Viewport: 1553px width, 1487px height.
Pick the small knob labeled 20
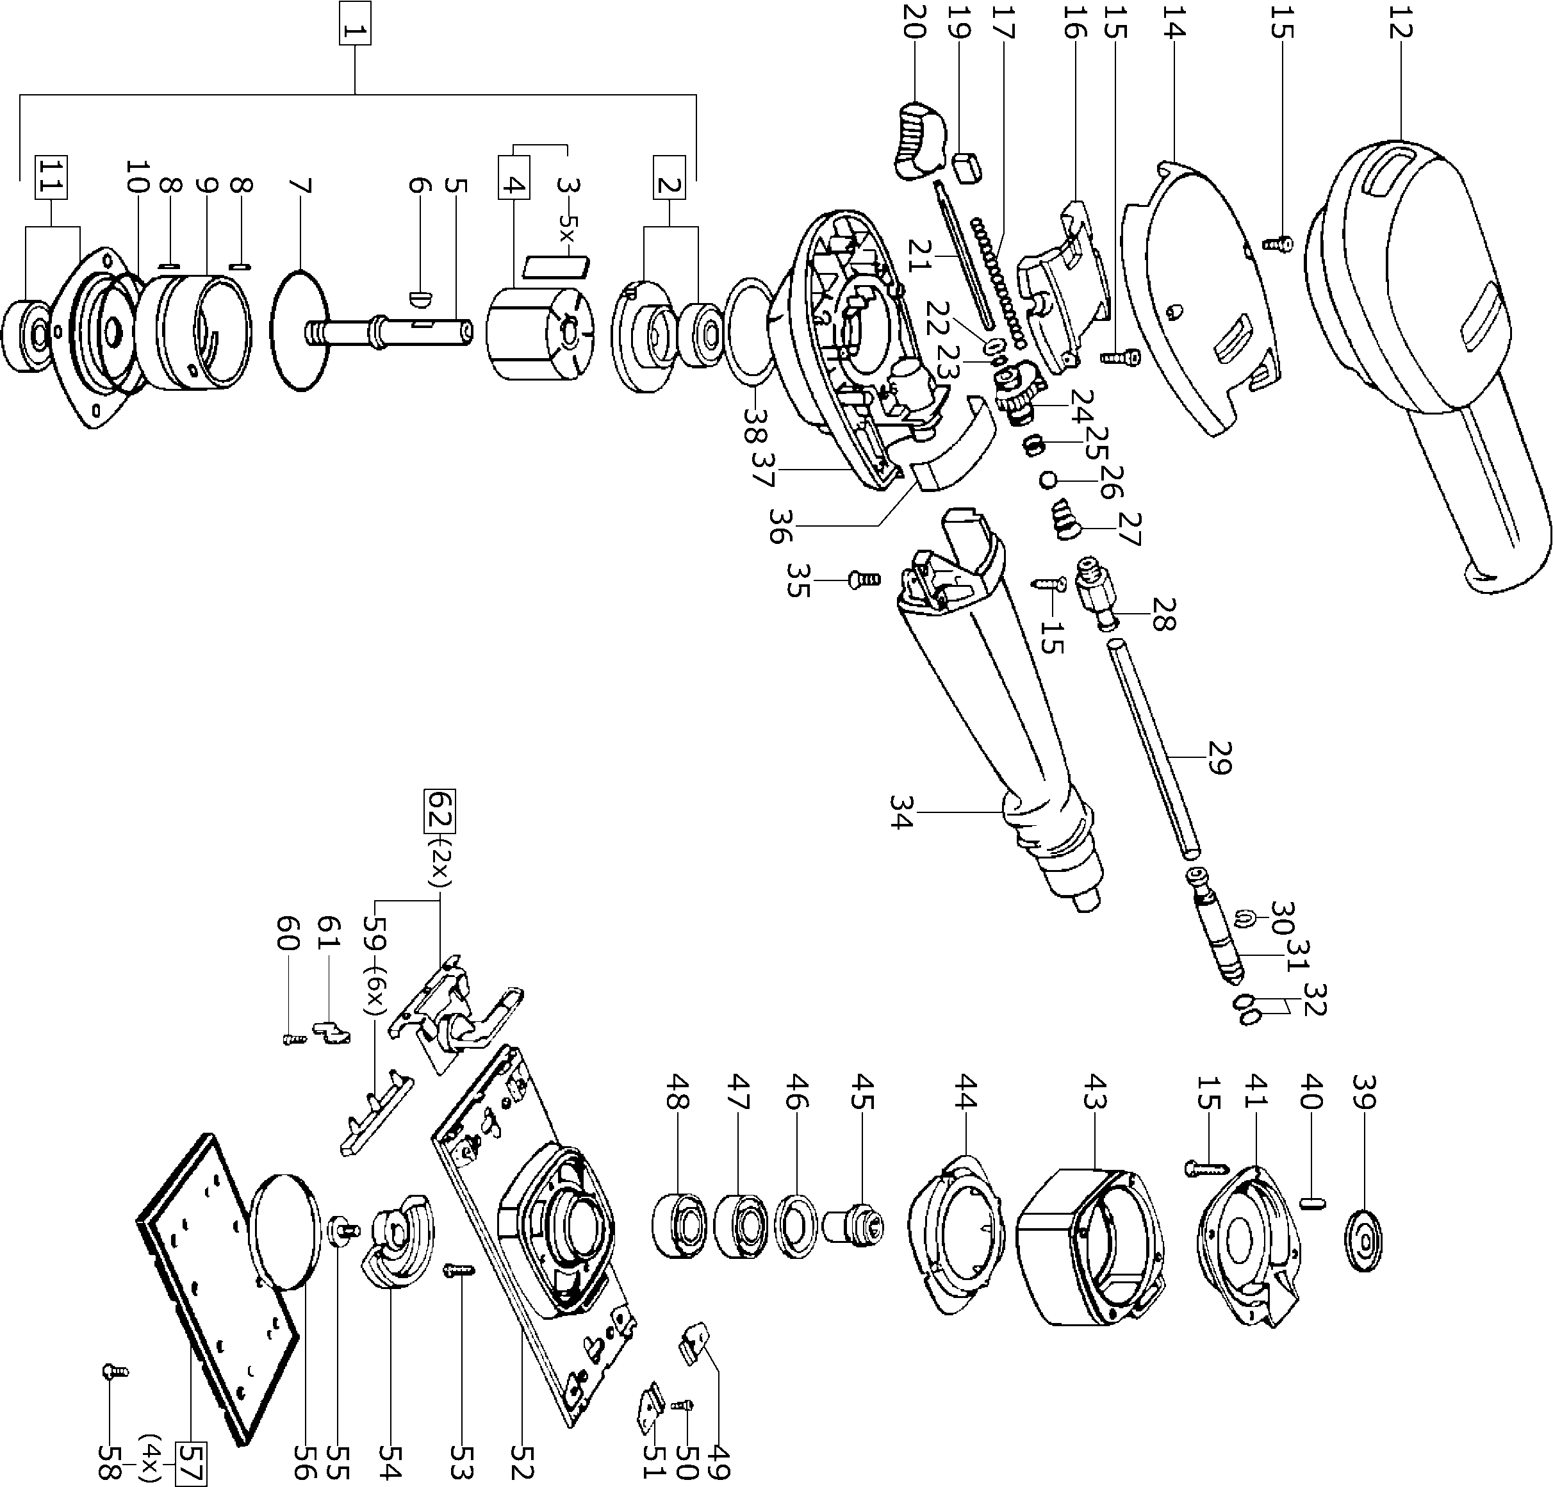(x=919, y=141)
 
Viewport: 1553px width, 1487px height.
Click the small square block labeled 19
(x=967, y=168)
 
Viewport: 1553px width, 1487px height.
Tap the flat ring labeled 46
(x=796, y=1223)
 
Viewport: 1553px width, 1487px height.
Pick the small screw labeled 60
(x=294, y=1039)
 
